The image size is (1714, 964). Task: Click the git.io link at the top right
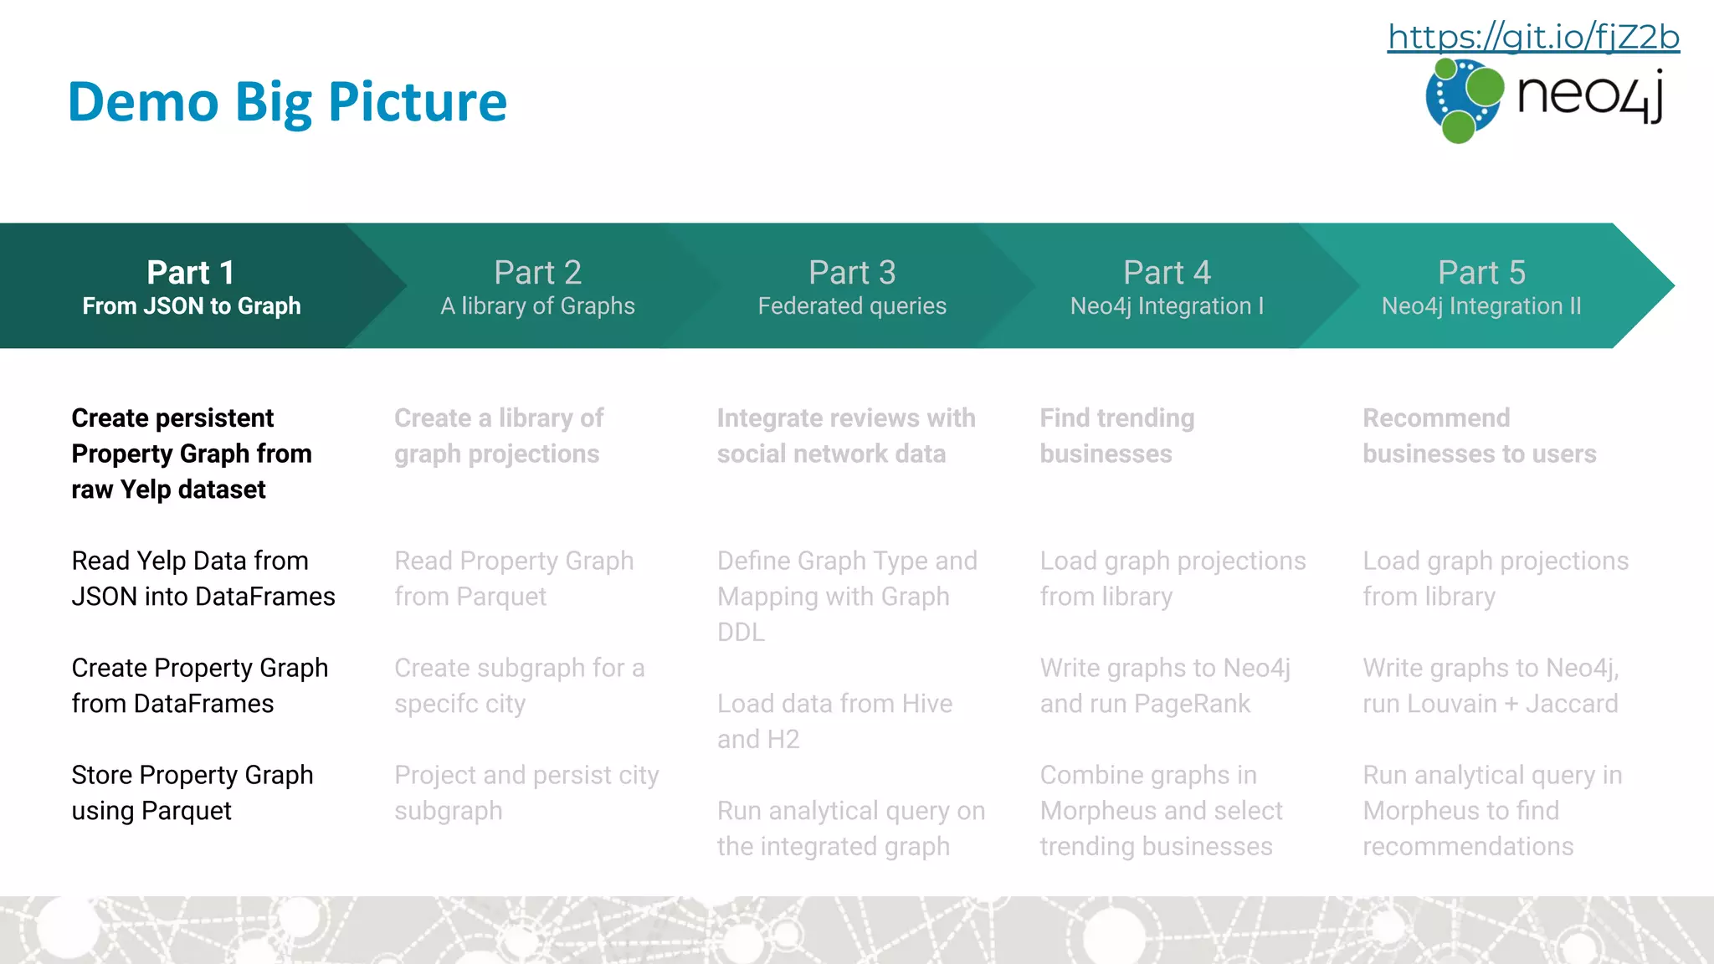(1533, 37)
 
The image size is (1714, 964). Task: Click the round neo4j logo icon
(1464, 100)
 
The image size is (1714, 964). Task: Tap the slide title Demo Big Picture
(287, 102)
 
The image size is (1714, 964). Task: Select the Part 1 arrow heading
(191, 272)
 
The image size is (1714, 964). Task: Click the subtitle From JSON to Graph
(192, 306)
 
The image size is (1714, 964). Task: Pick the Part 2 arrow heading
(537, 272)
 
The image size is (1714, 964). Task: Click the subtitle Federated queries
(852, 306)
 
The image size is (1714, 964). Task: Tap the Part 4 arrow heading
(1167, 272)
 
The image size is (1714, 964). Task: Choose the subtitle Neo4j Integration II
(1481, 306)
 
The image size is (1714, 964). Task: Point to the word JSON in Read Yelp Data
(105, 597)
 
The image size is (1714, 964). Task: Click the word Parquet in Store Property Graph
(186, 811)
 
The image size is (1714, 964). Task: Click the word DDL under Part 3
(741, 633)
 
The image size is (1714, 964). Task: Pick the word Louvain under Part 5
(1453, 704)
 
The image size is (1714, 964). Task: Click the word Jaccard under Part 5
(1572, 704)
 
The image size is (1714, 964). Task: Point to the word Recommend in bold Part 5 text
(1436, 418)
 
